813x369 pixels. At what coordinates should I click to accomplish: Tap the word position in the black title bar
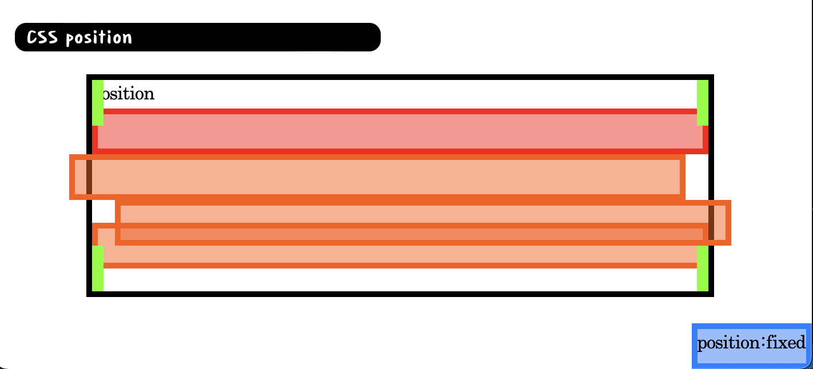click(99, 38)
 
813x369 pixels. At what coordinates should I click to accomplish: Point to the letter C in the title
click(32, 38)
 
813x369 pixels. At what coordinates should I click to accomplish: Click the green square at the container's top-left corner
click(98, 102)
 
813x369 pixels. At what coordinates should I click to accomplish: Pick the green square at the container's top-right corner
click(703, 102)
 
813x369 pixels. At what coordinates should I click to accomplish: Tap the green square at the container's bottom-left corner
click(98, 268)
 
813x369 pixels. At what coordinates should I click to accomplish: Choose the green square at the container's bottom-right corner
click(703, 268)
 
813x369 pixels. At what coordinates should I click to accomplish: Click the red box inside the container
click(400, 131)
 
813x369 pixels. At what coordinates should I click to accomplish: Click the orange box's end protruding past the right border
click(722, 223)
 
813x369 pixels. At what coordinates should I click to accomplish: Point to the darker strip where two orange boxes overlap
click(400, 234)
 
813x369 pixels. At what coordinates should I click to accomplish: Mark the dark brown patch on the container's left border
click(89, 177)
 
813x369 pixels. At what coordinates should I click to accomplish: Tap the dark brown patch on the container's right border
click(711, 223)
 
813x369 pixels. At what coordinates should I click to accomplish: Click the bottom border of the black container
click(400, 294)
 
